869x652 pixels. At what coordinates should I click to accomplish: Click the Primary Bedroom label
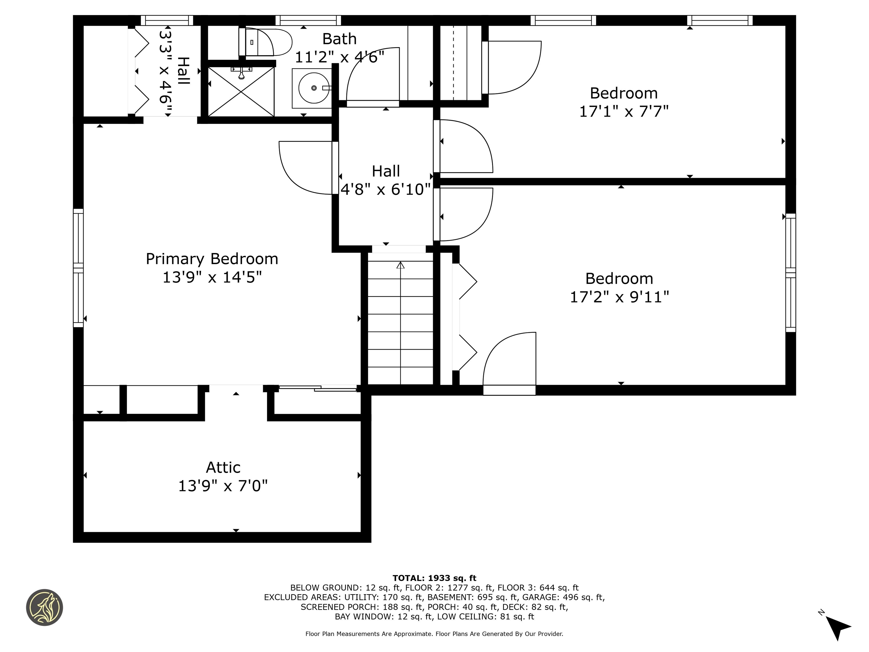coord(212,259)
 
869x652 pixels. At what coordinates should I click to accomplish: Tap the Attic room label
coord(223,467)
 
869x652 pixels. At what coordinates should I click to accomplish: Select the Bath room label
coord(339,39)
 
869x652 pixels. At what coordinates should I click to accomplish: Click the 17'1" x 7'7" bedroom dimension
coord(624,111)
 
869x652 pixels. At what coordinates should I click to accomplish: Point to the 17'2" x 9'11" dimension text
coord(620,297)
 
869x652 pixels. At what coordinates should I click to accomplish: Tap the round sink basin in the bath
coord(314,88)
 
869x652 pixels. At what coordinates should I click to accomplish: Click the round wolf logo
coord(44,607)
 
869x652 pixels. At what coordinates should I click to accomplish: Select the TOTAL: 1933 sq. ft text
coord(434,578)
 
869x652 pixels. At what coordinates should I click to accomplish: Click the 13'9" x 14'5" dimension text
coord(212,277)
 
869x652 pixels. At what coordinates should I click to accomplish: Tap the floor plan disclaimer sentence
coord(434,634)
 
